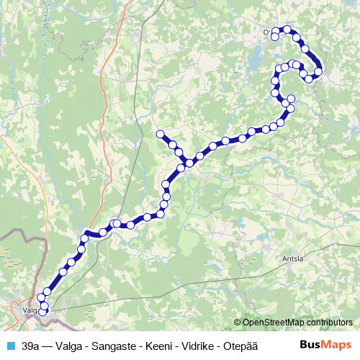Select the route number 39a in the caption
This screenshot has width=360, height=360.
(30, 345)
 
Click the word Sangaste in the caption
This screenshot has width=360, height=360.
(116, 345)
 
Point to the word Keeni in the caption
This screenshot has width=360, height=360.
(159, 345)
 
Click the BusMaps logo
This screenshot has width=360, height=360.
(325, 345)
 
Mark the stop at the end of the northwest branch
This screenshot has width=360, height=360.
(160, 133)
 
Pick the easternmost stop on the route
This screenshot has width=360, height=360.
(318, 71)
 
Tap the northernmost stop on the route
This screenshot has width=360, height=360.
(287, 30)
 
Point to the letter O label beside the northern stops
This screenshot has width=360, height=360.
(267, 32)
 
